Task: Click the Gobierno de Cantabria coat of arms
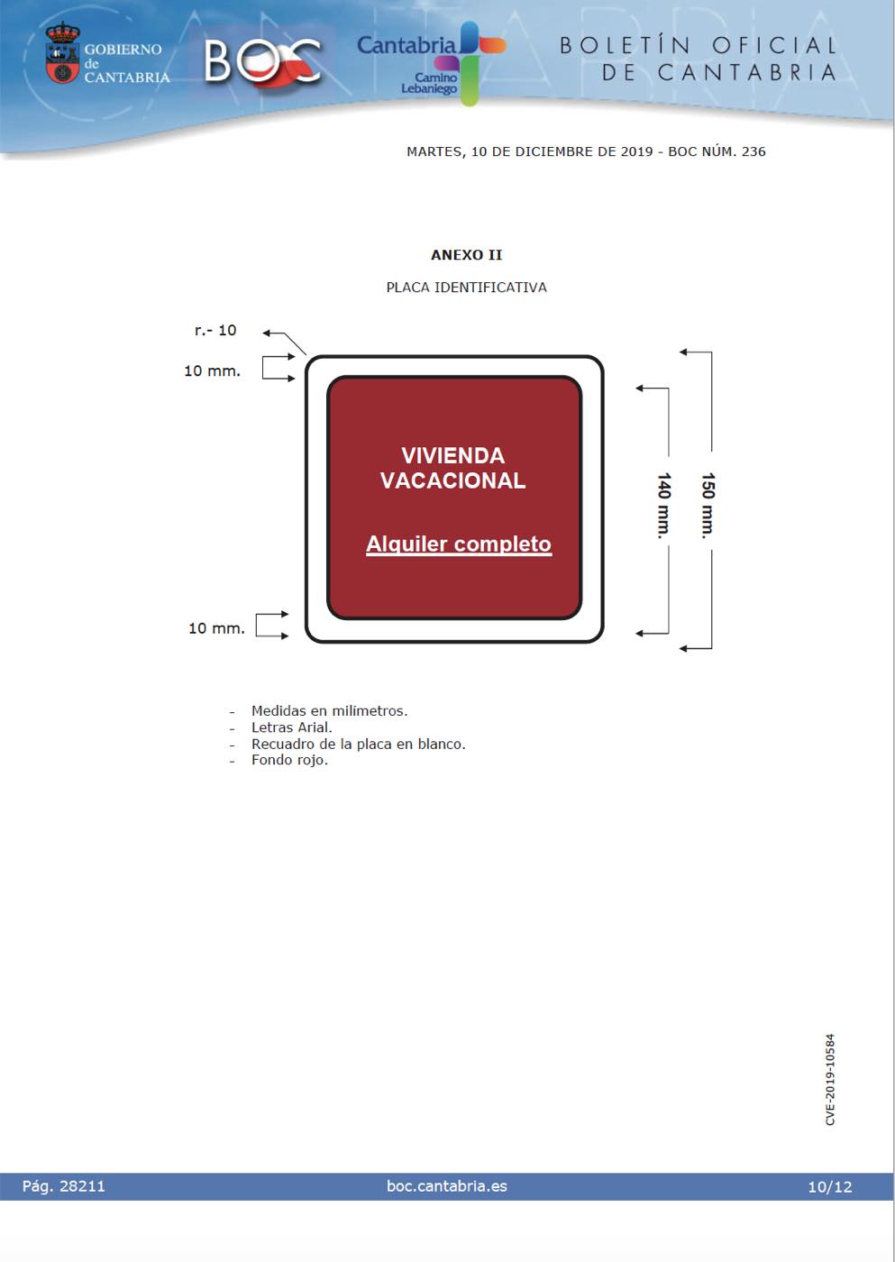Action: pyautogui.click(x=62, y=53)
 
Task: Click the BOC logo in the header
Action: pyautogui.click(x=262, y=62)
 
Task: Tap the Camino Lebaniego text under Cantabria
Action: pyautogui.click(x=429, y=83)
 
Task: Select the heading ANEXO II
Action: pyautogui.click(x=466, y=255)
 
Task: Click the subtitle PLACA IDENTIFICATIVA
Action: pyautogui.click(x=466, y=288)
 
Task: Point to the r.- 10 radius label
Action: pyautogui.click(x=215, y=330)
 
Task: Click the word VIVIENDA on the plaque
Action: pyautogui.click(x=452, y=456)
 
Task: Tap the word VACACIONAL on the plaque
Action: pyautogui.click(x=452, y=480)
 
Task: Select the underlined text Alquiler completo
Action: pyautogui.click(x=459, y=544)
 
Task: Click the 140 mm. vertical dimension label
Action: pyautogui.click(x=664, y=506)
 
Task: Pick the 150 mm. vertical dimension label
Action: pyautogui.click(x=708, y=506)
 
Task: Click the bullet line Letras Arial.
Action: pyautogui.click(x=292, y=727)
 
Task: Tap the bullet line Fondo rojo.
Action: pyautogui.click(x=289, y=760)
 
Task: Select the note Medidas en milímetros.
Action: pyautogui.click(x=330, y=711)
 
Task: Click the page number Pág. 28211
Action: pyautogui.click(x=64, y=1186)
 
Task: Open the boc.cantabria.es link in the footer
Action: pyautogui.click(x=447, y=1186)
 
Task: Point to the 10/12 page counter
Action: pyautogui.click(x=830, y=1187)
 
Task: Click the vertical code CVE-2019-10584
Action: pyautogui.click(x=830, y=1080)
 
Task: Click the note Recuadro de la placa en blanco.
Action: pyautogui.click(x=358, y=744)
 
